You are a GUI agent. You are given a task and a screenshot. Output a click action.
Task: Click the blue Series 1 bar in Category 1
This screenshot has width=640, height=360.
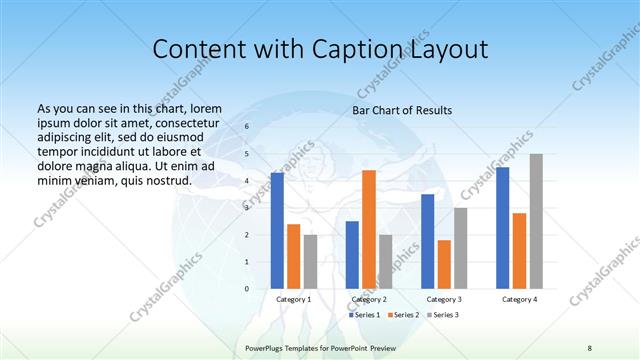(x=277, y=231)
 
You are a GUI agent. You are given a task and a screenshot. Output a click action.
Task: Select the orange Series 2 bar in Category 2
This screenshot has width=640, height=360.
(x=368, y=229)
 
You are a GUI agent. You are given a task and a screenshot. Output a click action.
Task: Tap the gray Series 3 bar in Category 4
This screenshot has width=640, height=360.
(x=536, y=221)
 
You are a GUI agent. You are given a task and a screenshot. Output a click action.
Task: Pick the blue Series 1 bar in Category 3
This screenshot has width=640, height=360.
(x=427, y=241)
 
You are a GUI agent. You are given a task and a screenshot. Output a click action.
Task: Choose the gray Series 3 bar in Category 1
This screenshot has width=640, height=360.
(x=310, y=261)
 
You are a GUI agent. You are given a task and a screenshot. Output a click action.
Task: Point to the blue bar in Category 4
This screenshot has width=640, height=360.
(x=502, y=228)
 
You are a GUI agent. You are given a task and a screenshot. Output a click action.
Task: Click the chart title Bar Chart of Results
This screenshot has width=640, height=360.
(x=402, y=110)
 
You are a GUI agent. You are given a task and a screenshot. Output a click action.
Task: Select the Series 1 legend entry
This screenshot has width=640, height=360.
(x=364, y=315)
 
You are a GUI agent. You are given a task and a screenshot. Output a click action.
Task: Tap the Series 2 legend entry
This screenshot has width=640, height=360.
(x=403, y=315)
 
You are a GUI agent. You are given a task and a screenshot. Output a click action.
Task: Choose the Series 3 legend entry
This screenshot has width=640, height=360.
(x=443, y=315)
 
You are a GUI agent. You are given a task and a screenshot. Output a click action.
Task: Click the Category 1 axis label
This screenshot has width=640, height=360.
(x=294, y=299)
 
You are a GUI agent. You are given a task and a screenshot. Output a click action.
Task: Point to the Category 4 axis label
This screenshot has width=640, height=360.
(x=519, y=299)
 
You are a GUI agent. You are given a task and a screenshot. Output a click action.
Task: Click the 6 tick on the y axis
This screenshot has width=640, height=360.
(x=246, y=127)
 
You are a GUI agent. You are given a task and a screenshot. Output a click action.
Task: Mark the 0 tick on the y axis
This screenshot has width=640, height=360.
(x=246, y=289)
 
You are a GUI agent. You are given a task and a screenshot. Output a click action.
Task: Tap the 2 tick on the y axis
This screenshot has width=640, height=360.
(x=246, y=235)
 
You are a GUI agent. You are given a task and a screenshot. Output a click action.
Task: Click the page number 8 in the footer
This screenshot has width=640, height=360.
(x=590, y=346)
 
